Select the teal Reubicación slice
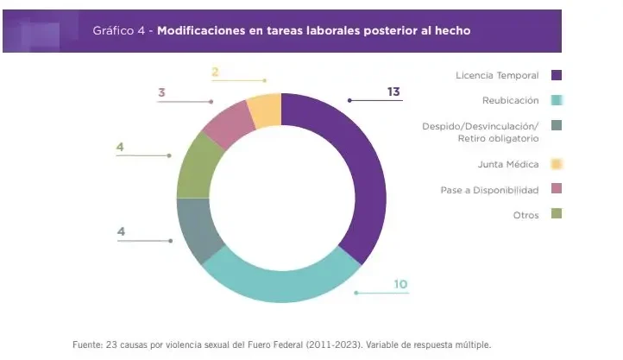(276, 278)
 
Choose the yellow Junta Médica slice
(265, 109)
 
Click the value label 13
(393, 91)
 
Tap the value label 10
(400, 283)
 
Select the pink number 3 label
(161, 92)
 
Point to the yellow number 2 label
(215, 72)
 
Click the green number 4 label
(120, 147)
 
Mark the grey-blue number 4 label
(120, 231)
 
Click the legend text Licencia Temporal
(497, 75)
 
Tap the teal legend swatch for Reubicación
(556, 100)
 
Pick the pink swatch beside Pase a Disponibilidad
(556, 189)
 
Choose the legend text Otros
(525, 215)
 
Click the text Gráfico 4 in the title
(118, 30)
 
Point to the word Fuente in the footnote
(86, 344)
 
